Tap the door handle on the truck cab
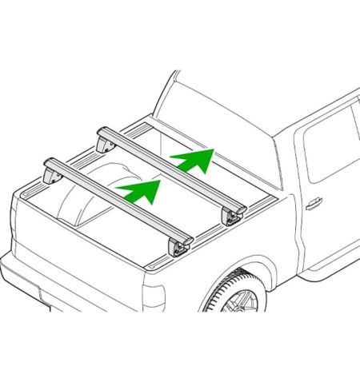point(314,204)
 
